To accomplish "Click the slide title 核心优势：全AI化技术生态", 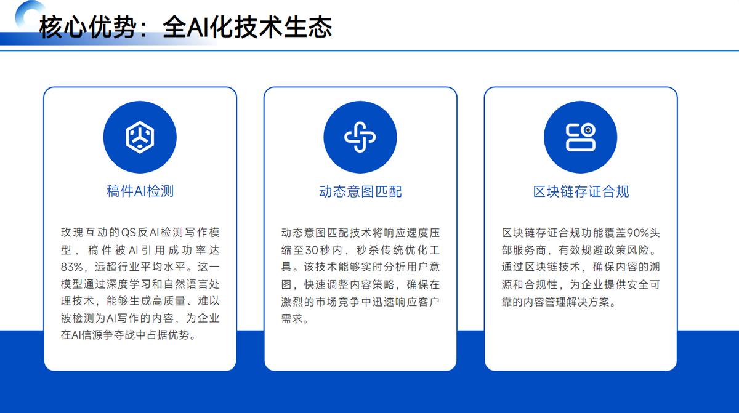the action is pos(185,27).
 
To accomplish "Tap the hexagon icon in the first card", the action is pos(140,137).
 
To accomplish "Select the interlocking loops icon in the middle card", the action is pos(360,137).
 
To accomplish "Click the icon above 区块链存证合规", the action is pos(581,137).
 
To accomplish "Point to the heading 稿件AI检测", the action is pos(140,191).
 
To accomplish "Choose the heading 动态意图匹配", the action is pos(360,191).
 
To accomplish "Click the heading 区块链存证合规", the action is pos(581,191).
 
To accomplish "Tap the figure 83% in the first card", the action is pos(71,267).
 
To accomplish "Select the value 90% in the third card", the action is pos(638,233).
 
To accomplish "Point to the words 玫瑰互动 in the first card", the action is pos(84,232).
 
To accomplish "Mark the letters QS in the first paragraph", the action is pos(129,233).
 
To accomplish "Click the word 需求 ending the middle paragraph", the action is pos(292,318).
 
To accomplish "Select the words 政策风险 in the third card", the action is pos(626,250).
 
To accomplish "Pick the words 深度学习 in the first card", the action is pos(129,284).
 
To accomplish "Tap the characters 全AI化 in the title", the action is pos(198,27).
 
